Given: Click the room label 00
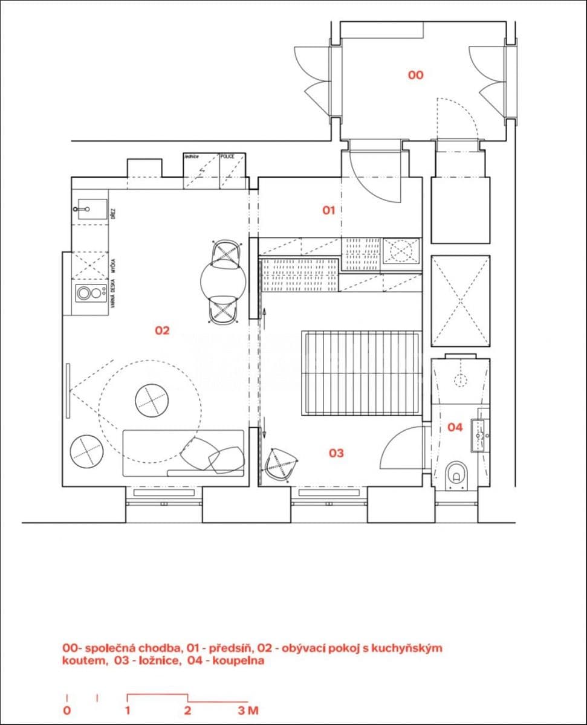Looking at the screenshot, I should pos(415,76).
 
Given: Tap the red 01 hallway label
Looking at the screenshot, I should pos(328,210).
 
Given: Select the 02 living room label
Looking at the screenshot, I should pos(162,330).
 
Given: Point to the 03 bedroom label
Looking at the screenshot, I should pos(336,453).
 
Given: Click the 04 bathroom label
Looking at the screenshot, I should pos(455,427).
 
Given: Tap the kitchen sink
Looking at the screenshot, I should pos(89,209).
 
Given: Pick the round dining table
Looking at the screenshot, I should pos(224,282).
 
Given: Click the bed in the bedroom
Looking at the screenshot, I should pos(362,373).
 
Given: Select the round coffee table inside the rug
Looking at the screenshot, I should pos(152,399).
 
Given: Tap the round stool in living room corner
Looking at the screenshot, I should pos(86,451).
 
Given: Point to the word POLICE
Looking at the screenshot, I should pos(227,156).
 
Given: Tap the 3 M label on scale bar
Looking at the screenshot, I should pos(248,710).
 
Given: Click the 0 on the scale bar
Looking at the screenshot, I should pos(66,710).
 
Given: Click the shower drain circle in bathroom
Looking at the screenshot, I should pos(461,380).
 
